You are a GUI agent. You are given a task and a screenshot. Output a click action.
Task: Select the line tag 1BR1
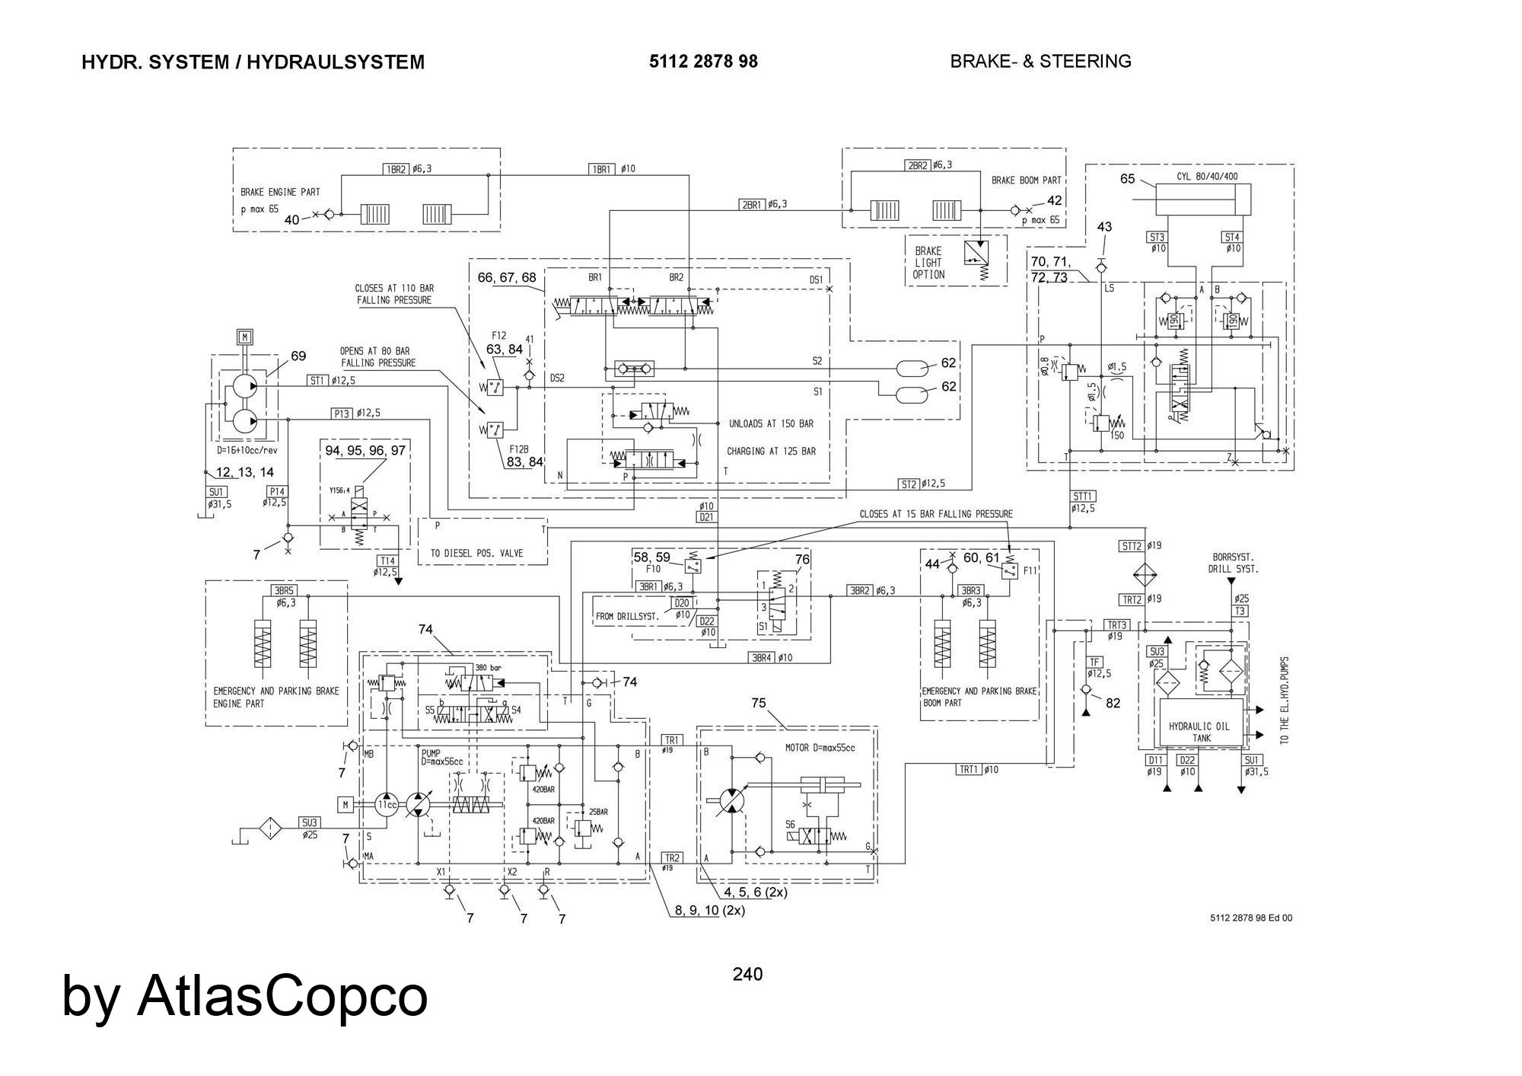pyautogui.click(x=601, y=169)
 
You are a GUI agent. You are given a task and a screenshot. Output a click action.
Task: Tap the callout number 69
pyautogui.click(x=298, y=356)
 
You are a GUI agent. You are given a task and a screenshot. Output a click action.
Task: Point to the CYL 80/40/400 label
pyautogui.click(x=1207, y=177)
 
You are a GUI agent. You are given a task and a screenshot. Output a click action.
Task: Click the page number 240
pyautogui.click(x=747, y=974)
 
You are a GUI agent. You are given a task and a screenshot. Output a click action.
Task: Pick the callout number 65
pyautogui.click(x=1128, y=180)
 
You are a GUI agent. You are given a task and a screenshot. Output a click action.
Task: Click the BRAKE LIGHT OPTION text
pyautogui.click(x=928, y=263)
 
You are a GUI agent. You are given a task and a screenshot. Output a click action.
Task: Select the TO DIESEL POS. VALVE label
pyautogui.click(x=483, y=554)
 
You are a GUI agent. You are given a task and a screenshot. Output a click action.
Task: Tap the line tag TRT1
pyautogui.click(x=968, y=770)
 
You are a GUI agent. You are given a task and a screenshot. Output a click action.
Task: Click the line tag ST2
pyautogui.click(x=909, y=484)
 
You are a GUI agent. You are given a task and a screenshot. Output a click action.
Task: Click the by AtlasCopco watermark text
pyautogui.click(x=245, y=995)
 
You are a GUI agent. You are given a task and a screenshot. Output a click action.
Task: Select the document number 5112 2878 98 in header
pyautogui.click(x=703, y=62)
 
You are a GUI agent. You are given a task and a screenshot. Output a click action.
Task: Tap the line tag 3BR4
pyautogui.click(x=762, y=658)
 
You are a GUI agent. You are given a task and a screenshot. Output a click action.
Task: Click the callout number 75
pyautogui.click(x=759, y=703)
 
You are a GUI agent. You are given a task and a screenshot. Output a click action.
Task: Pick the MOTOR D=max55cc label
pyautogui.click(x=820, y=748)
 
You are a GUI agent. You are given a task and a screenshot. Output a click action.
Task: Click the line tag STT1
pyautogui.click(x=1083, y=496)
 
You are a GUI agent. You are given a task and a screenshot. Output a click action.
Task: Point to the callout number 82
pyautogui.click(x=1113, y=703)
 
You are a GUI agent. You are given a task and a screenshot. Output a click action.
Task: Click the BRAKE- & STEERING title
pyautogui.click(x=1040, y=62)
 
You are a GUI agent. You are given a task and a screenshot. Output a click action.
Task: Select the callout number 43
pyautogui.click(x=1104, y=227)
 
